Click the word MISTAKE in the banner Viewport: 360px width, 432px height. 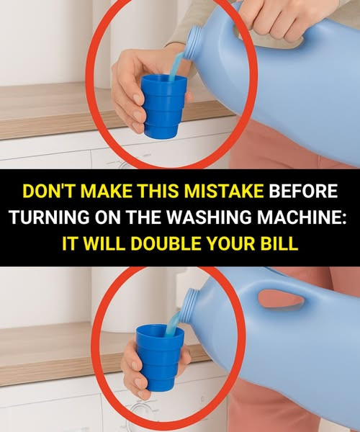coord(224,191)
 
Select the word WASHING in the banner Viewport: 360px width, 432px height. coord(210,217)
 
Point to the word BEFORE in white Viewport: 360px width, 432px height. coord(303,191)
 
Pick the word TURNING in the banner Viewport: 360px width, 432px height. coord(50,217)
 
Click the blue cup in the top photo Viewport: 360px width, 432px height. coord(163,107)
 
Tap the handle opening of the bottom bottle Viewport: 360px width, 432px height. coord(281,300)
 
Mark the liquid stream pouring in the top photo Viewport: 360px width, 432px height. coord(175,67)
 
